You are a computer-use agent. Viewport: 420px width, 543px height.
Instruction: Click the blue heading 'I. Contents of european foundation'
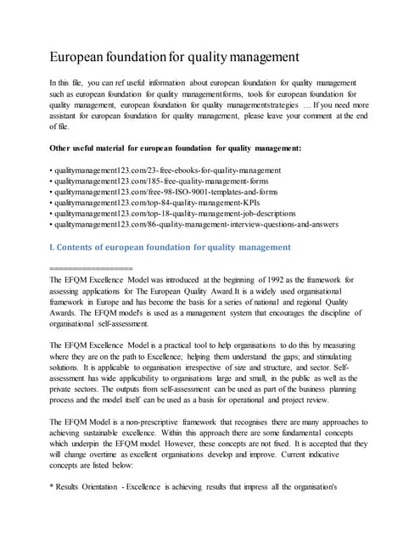tap(171, 247)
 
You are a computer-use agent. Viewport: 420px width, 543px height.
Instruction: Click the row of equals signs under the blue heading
tap(91, 268)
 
